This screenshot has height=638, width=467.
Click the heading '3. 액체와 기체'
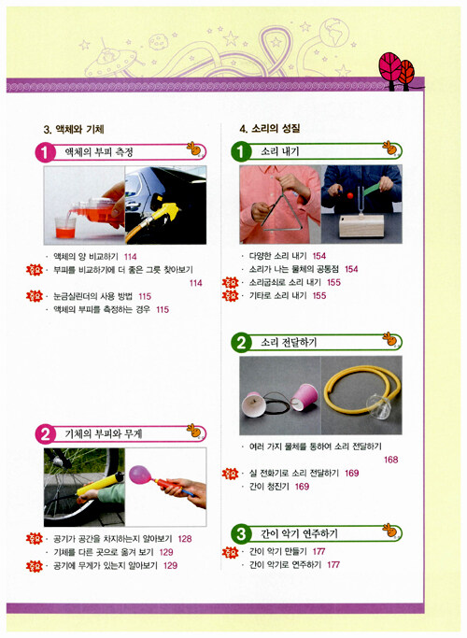pos(74,130)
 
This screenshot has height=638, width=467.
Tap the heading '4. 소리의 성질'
pos(270,129)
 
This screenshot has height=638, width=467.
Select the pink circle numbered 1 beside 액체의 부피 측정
pos(45,153)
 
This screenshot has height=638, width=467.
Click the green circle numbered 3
pos(241,533)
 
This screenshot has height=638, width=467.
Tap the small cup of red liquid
pos(65,228)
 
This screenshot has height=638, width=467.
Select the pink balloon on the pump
pos(140,475)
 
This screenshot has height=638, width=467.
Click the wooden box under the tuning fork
pos(361,226)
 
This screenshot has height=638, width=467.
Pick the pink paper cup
pos(305,397)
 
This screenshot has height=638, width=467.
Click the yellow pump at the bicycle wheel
pos(100,483)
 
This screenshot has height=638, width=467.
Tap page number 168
pos(391,460)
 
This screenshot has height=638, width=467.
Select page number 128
pos(185,539)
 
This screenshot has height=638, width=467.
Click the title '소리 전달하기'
pos(289,343)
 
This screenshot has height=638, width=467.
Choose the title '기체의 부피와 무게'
pos(104,433)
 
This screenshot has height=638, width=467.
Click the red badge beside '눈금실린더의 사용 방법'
pos(35,296)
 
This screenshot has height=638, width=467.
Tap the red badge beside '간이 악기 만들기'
pos(230,552)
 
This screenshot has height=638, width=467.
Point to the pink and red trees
pos(397,71)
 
